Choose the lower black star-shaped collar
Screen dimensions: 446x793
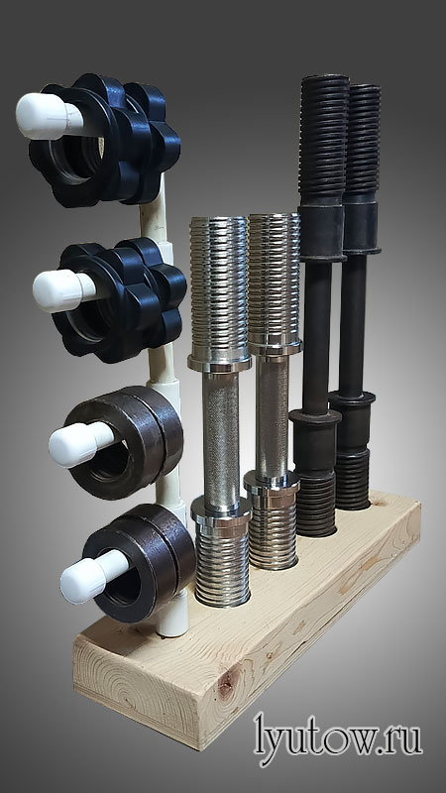[120, 300]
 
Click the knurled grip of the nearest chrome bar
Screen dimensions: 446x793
[220, 436]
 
